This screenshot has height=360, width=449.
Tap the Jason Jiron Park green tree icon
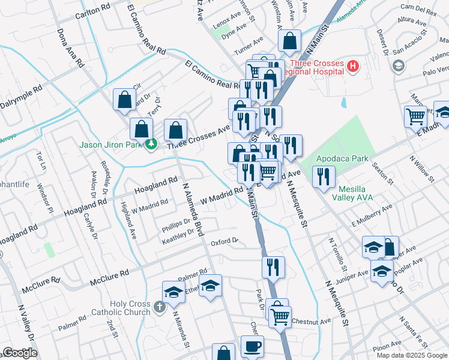(x=152, y=144)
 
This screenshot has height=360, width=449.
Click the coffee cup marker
(x=252, y=346)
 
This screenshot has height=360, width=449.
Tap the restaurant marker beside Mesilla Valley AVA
(x=324, y=177)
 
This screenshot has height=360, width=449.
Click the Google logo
(x=20, y=352)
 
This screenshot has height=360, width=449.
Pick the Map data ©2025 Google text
(x=412, y=355)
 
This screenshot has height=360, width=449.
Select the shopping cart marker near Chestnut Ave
(x=280, y=316)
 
